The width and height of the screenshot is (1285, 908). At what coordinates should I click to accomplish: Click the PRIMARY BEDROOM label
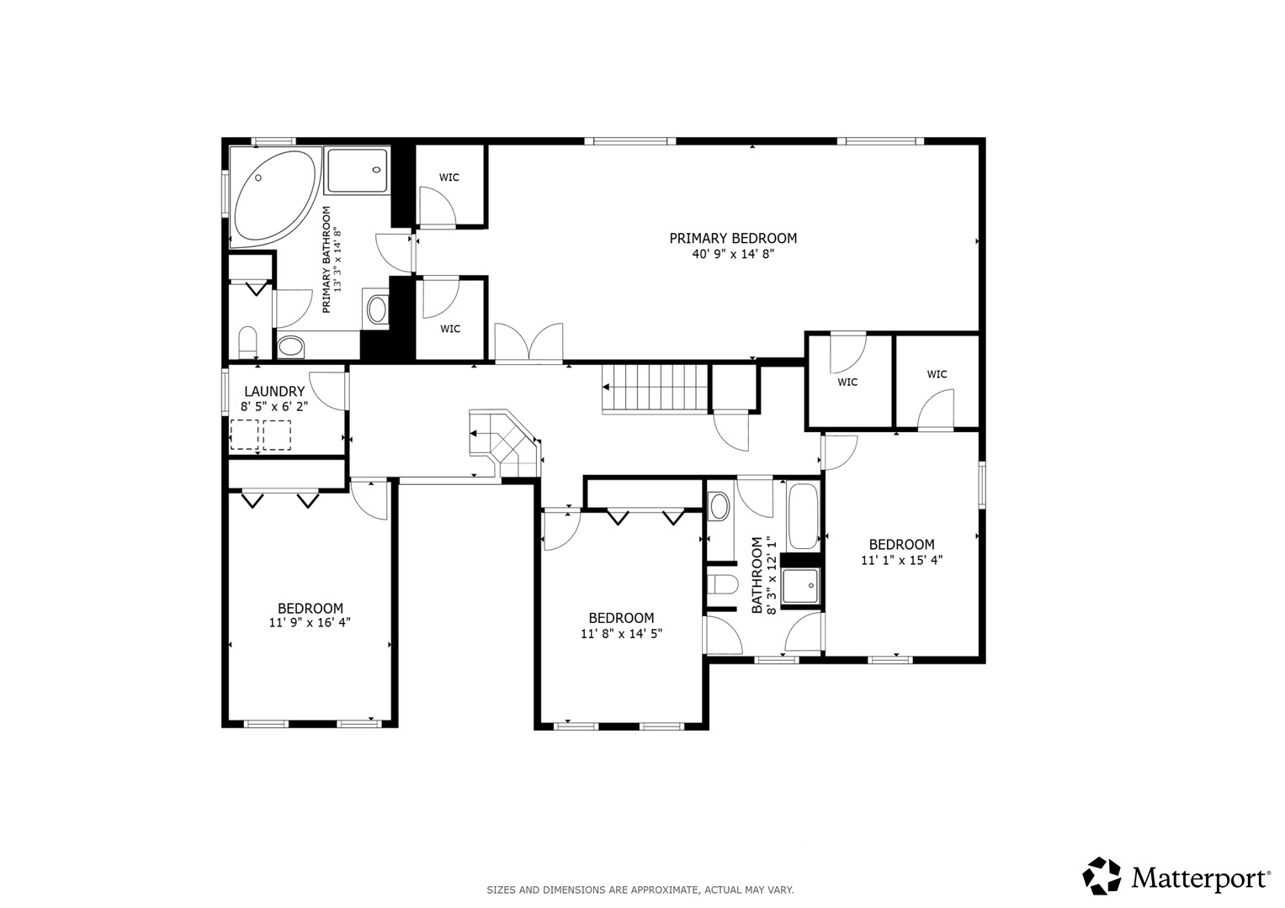tap(733, 238)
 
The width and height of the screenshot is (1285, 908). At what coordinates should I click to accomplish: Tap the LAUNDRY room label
tap(274, 392)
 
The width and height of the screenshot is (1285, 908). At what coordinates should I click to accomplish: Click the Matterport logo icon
tap(1102, 876)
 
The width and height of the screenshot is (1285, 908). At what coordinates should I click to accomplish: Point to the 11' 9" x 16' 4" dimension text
tap(310, 622)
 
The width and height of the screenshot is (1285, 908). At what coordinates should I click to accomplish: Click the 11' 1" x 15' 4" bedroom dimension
tap(902, 560)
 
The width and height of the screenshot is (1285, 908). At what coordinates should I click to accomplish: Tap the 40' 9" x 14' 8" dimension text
tap(733, 254)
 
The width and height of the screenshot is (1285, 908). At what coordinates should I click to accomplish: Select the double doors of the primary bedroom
tap(529, 343)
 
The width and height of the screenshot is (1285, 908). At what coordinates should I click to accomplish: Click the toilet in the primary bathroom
tap(247, 342)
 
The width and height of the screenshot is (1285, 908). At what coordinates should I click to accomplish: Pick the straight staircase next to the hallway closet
tap(655, 388)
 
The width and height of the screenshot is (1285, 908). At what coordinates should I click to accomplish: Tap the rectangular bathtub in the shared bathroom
tap(803, 516)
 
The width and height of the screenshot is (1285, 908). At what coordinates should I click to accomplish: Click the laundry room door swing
tap(328, 391)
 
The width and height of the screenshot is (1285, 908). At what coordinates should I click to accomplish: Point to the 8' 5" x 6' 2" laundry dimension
tap(274, 407)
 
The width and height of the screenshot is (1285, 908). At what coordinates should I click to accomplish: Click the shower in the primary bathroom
tap(357, 170)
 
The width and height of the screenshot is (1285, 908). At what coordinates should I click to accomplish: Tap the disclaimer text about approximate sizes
tap(640, 890)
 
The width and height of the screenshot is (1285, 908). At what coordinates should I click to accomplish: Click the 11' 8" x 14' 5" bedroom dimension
tap(621, 633)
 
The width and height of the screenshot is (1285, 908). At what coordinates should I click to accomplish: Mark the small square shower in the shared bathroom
tap(800, 586)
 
